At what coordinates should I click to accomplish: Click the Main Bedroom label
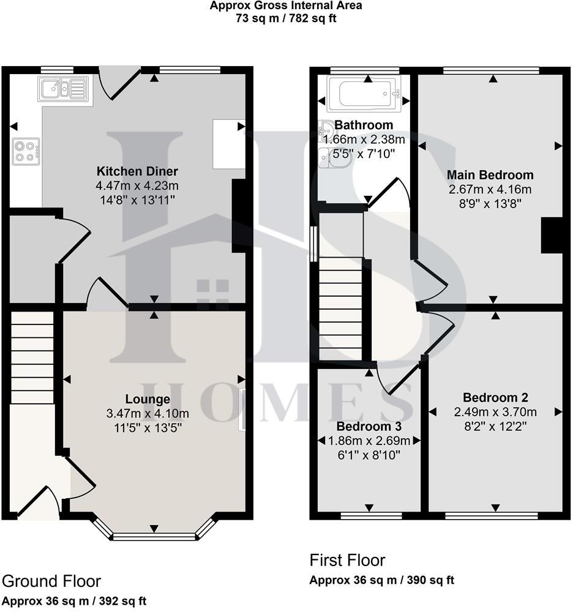tap(490, 175)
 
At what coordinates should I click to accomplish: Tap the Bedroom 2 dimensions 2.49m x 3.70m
tap(495, 411)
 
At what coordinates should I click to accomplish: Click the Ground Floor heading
tap(51, 581)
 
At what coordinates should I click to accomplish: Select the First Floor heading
tap(347, 560)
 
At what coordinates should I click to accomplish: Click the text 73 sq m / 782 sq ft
tap(286, 18)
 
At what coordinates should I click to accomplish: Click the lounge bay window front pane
tap(154, 537)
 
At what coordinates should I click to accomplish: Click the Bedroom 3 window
tap(371, 516)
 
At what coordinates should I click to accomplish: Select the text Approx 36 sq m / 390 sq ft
tap(382, 580)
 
